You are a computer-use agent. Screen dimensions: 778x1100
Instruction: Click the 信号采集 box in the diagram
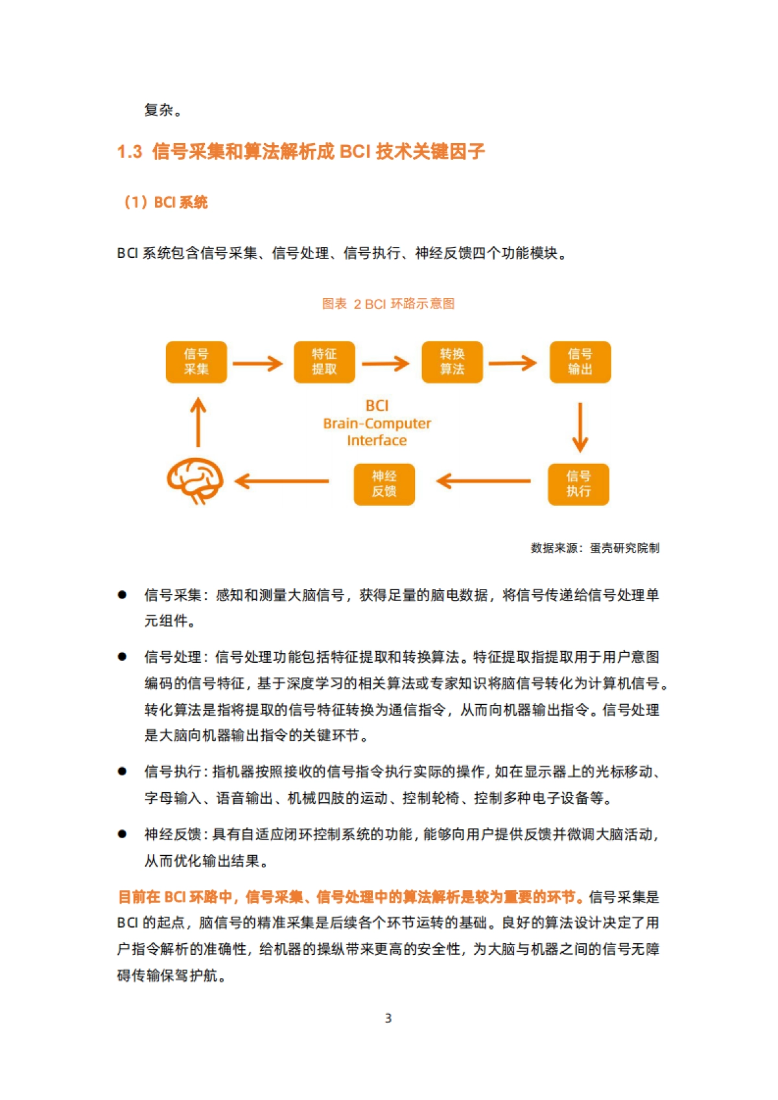pos(196,362)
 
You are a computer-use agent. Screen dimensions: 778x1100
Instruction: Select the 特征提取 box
pos(324,362)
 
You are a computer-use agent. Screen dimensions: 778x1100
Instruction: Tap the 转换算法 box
pos(452,362)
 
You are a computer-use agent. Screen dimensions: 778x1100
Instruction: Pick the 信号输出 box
pos(580,362)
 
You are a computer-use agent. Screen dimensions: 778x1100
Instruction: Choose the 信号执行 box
pos(578,484)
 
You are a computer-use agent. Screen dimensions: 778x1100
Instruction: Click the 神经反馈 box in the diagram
pos(384,484)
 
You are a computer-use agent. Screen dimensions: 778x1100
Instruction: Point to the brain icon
pos(195,481)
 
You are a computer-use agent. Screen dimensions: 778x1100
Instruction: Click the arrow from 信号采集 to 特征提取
pos(257,363)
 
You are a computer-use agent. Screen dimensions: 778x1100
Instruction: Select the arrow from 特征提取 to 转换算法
pos(385,363)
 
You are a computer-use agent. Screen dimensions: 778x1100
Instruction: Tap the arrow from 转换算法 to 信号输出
pos(512,363)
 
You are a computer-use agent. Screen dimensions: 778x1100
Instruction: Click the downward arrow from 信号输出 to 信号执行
pos(580,427)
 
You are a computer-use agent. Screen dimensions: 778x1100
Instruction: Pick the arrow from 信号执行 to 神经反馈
pos(484,481)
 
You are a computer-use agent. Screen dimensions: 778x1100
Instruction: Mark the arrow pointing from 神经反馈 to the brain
pos(281,481)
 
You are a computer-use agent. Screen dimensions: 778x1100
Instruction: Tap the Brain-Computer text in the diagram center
pos(377,424)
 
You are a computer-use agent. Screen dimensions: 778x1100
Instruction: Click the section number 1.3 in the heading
pos(130,152)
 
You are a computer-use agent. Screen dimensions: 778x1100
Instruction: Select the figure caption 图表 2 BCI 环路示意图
pos(388,304)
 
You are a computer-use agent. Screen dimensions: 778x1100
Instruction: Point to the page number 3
pos(388,1018)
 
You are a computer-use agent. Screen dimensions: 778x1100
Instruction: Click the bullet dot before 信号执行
pos(122,771)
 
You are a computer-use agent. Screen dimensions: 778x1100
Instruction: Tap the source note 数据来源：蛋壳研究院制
pos(595,548)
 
